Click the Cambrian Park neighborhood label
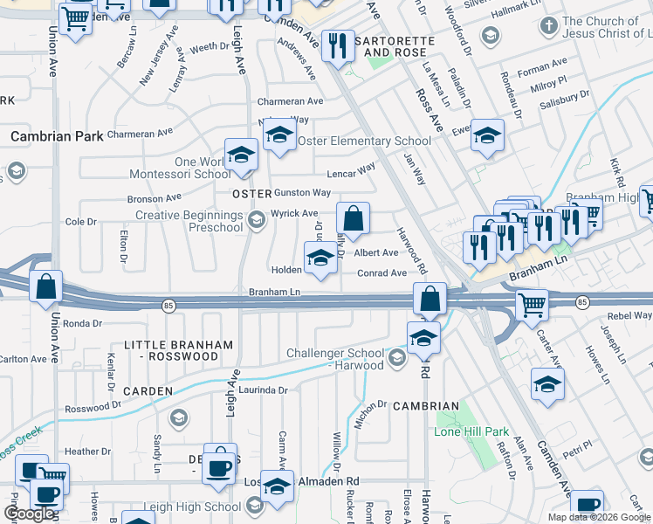tap(57, 136)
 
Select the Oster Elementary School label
tap(364, 141)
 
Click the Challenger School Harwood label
tap(335, 359)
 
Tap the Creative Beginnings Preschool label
tap(189, 221)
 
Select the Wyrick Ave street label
tap(294, 213)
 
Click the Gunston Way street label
tap(302, 192)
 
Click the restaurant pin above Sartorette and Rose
tap(337, 45)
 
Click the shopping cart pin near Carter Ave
tap(532, 305)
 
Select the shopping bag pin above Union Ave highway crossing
tap(45, 285)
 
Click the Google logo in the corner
tap(29, 514)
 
